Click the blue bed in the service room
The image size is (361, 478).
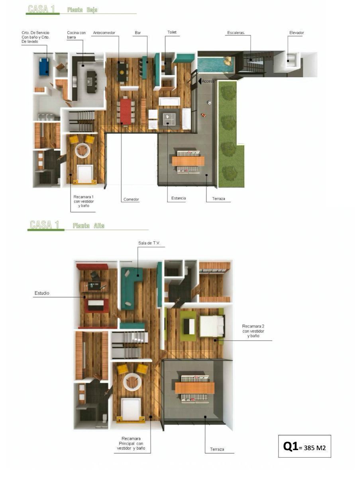coord(44,67)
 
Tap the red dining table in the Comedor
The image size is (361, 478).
coord(126,111)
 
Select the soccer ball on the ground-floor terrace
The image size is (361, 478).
coord(209,102)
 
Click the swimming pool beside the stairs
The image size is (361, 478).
coord(216,65)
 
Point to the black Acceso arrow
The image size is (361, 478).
coord(200,81)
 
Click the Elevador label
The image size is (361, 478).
coord(296,33)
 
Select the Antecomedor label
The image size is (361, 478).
coord(104,33)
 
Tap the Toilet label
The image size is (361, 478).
coord(172,32)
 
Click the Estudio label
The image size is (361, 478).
coord(42,293)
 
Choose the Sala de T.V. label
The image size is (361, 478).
coord(149,243)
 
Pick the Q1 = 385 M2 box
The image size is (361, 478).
coord(304,446)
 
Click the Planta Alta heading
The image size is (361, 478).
coord(88,225)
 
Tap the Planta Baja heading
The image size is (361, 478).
coord(82,10)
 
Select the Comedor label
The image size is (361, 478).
coord(131,199)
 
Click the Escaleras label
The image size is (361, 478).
coord(236,33)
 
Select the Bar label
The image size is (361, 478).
coord(138,33)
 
